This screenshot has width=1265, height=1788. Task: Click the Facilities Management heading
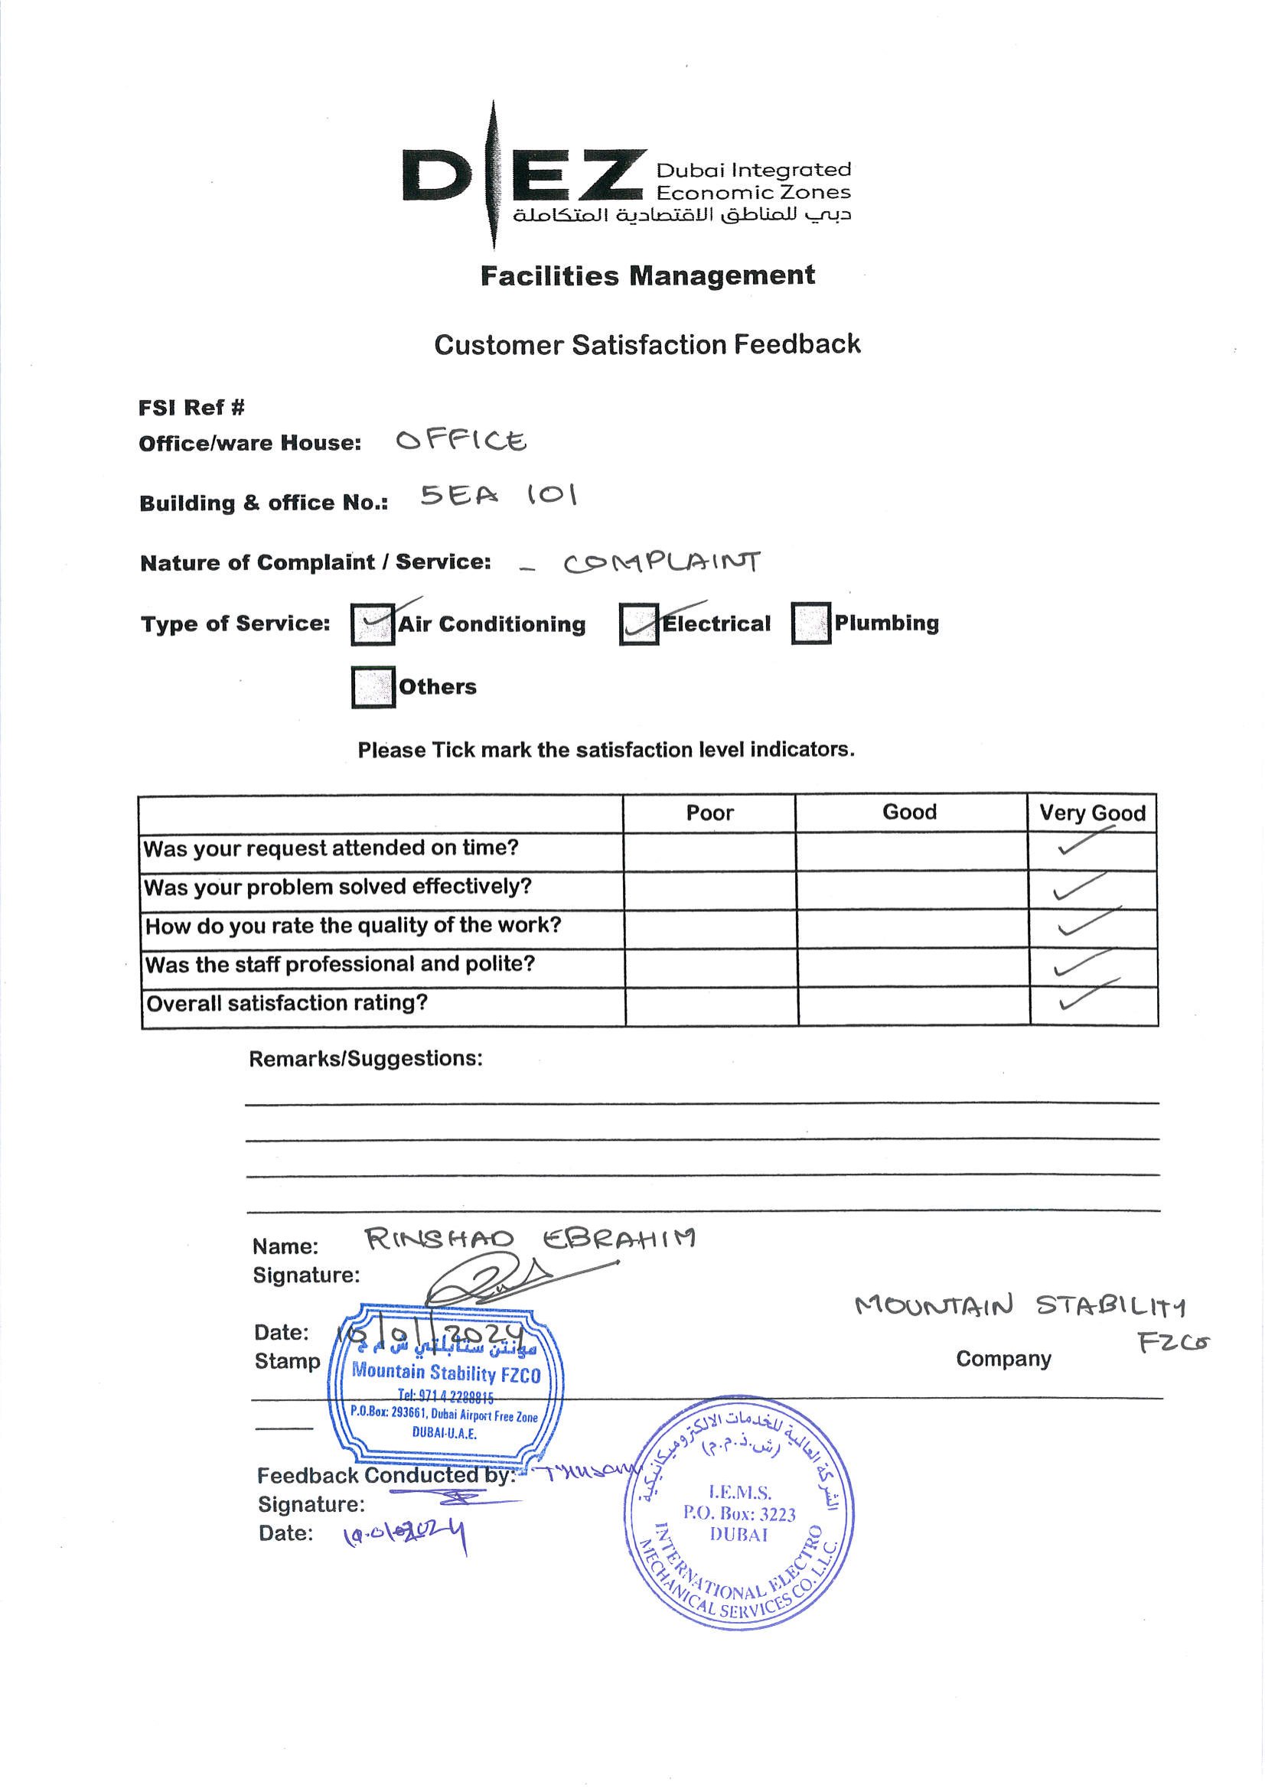pos(647,275)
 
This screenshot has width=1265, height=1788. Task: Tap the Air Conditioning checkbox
pos(373,624)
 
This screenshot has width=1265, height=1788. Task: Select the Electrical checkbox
pos(639,624)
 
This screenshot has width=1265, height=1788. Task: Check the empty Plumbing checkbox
pos(811,624)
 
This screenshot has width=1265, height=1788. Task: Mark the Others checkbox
pos(373,687)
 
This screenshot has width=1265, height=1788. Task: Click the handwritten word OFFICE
pos(461,441)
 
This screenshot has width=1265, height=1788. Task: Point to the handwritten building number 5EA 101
pos(498,495)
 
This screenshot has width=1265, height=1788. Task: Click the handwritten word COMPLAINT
pos(661,562)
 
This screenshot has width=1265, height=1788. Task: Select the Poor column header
pos(709,813)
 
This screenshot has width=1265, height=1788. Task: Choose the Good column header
pos(910,813)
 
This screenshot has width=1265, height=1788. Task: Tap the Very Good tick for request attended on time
pos(1086,842)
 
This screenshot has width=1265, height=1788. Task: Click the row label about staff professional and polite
pos(341,964)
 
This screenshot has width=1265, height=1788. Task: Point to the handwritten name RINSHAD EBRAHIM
pos(530,1239)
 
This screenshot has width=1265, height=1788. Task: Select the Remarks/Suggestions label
pos(365,1058)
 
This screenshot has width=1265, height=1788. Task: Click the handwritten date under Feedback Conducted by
pos(405,1534)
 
